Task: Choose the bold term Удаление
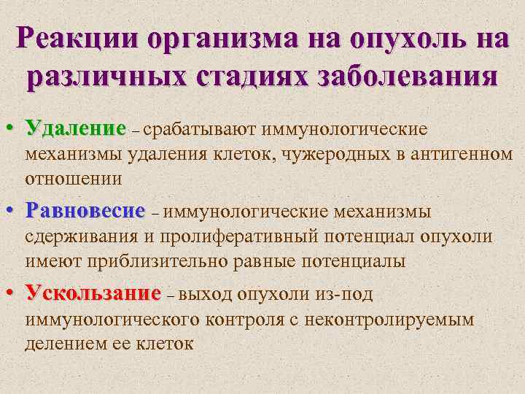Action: click(75, 130)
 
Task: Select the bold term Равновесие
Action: click(85, 212)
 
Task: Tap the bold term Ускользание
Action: click(93, 293)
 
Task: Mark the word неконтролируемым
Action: click(399, 318)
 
